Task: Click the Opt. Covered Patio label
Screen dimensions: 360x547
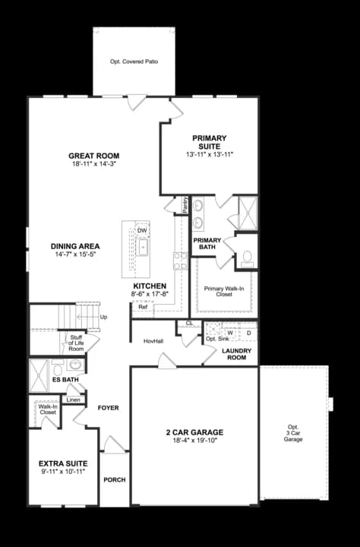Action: coord(134,62)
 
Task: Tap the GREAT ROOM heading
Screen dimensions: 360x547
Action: coord(94,156)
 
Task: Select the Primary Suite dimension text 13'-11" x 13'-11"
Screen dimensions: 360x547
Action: coord(210,154)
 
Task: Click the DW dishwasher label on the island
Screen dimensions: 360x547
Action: coord(141,231)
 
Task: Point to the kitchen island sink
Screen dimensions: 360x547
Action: coord(142,247)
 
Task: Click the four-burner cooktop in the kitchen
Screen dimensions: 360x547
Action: coord(180,261)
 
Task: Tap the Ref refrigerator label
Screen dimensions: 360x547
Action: coord(143,307)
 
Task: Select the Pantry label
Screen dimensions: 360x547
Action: coord(185,205)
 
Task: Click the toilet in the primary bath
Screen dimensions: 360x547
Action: coord(248,258)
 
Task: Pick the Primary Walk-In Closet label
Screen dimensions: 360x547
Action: coord(224,291)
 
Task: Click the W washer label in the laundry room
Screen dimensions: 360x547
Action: coord(230,333)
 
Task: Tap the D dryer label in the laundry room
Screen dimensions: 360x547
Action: coord(248,333)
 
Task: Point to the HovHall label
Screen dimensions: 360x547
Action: coord(153,341)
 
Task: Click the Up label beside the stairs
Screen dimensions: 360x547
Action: coord(103,317)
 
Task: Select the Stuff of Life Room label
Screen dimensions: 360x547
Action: coord(76,343)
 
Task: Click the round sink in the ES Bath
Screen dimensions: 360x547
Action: coord(74,365)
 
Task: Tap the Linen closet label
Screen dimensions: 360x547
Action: coord(73,400)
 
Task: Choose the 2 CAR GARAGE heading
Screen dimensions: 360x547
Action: coord(194,432)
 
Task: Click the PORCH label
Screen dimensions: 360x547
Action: coord(115,480)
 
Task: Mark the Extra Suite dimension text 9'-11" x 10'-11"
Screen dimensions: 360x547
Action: coord(63,472)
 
